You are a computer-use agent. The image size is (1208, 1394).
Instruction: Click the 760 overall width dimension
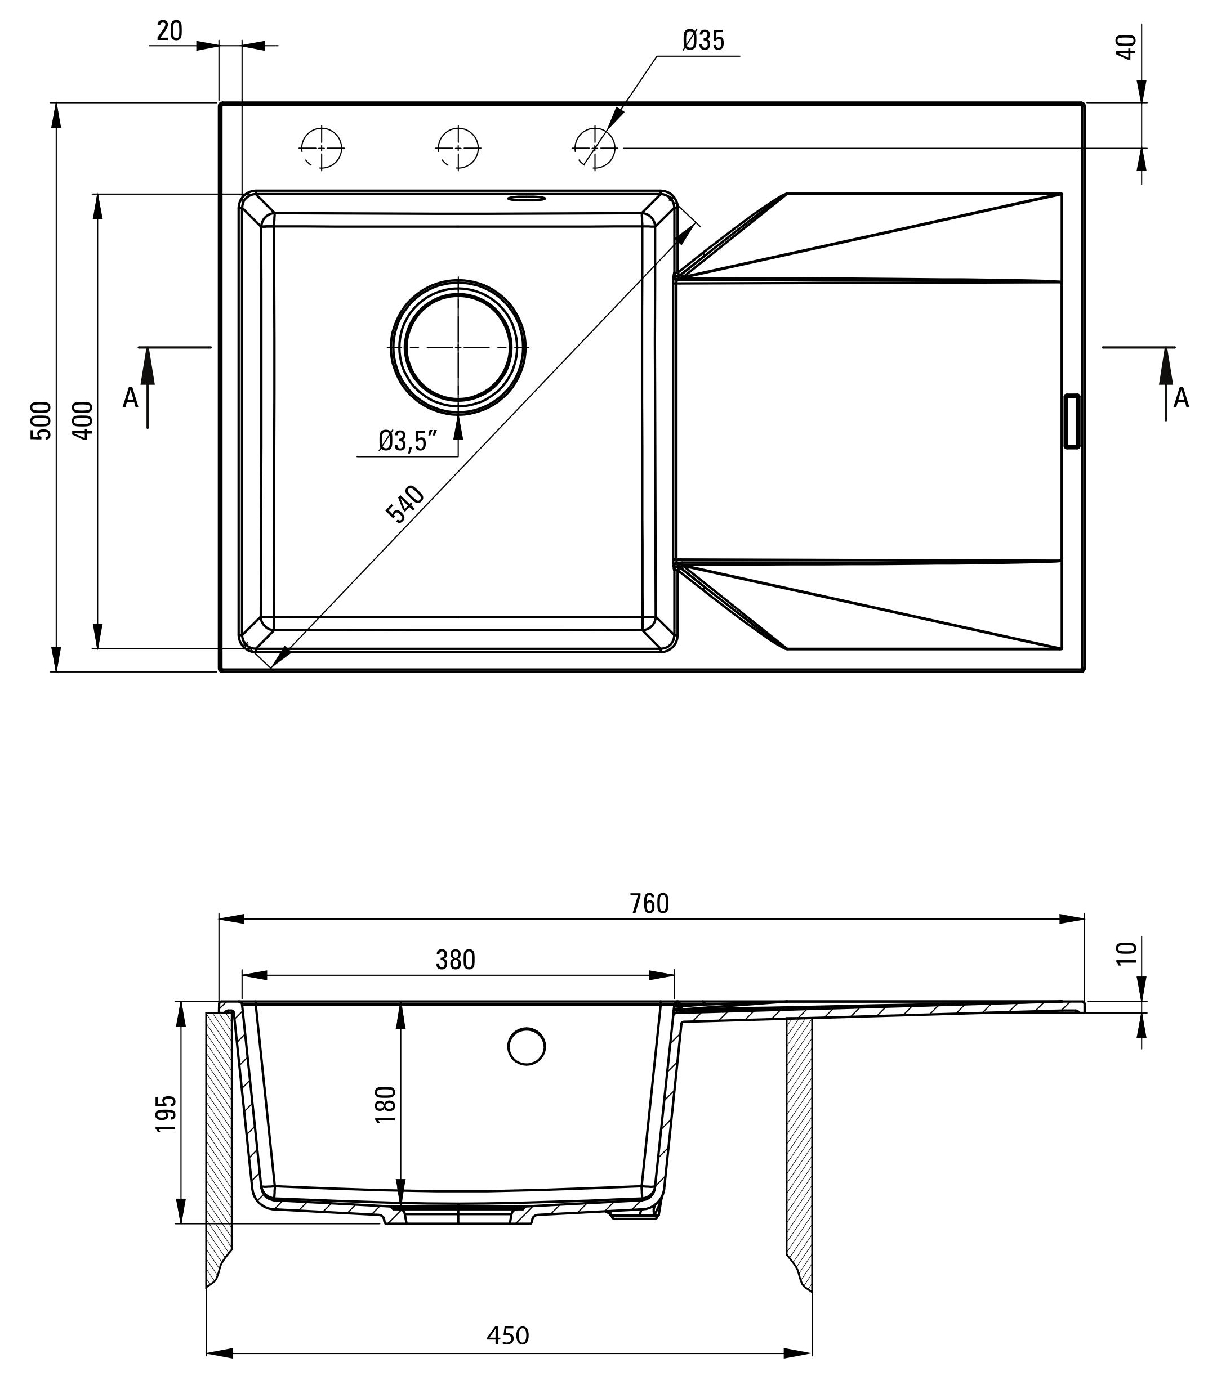click(649, 903)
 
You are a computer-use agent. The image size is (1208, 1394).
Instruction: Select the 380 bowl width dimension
click(455, 960)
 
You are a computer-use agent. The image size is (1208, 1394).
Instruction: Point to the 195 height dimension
click(166, 1113)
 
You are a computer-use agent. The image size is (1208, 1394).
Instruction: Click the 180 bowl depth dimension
click(386, 1104)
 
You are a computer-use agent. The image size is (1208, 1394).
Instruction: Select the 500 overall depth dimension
click(41, 420)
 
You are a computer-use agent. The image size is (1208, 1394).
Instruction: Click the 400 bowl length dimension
click(82, 420)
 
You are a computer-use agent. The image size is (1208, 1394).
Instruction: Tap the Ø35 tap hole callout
click(702, 41)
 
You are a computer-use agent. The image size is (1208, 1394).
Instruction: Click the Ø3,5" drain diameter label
click(408, 441)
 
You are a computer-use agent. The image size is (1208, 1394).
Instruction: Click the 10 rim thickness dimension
click(1126, 953)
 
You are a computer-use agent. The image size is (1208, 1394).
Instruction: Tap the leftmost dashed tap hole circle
click(322, 147)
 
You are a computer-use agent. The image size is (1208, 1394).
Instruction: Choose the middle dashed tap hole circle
click(458, 147)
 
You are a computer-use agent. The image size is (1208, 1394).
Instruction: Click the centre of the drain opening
click(458, 347)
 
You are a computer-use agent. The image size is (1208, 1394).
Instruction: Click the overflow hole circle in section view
click(526, 1046)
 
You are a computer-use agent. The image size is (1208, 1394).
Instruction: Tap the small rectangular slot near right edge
click(1071, 421)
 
